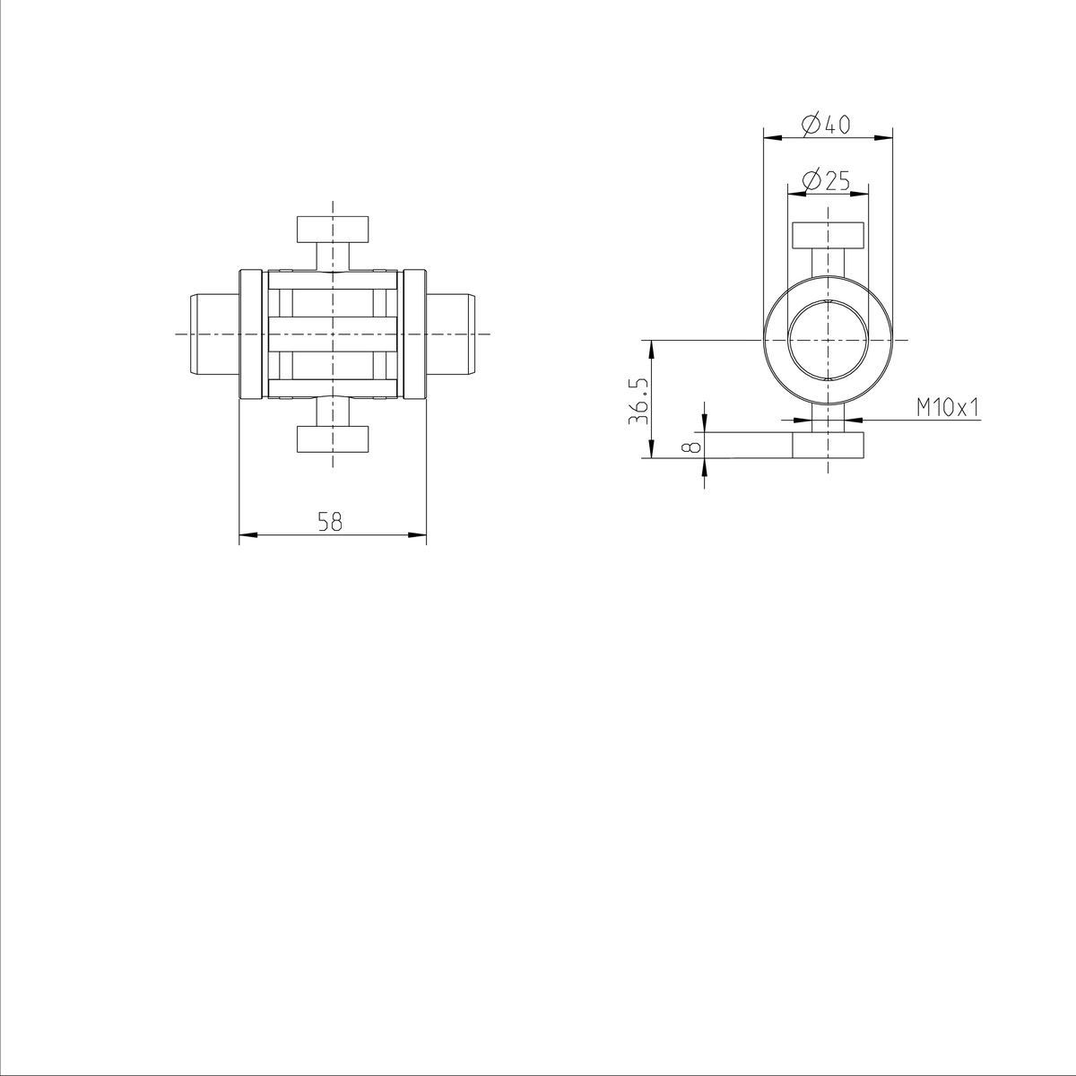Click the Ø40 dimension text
point(826,124)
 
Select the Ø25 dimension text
point(826,180)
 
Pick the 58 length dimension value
point(331,522)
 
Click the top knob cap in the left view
point(333,229)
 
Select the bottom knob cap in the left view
point(333,438)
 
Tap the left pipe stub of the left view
point(213,334)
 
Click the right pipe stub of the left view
point(450,334)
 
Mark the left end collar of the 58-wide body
point(252,334)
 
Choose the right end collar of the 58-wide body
point(413,334)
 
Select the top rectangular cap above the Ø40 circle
point(828,235)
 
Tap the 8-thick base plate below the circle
point(828,446)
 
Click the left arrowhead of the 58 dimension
point(247,535)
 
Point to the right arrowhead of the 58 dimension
point(417,535)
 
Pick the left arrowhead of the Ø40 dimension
point(771,137)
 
